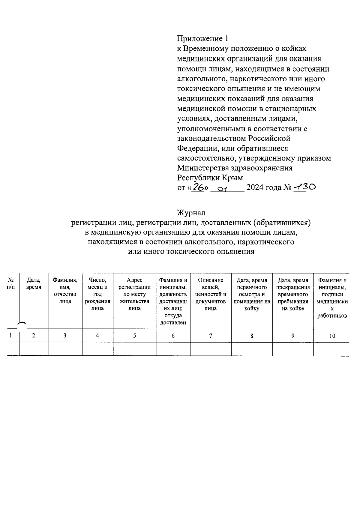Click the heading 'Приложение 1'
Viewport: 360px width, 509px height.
point(203,39)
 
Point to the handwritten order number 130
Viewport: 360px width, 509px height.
point(305,187)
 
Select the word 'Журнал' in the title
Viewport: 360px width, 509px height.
point(191,213)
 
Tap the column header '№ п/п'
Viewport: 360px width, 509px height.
point(11,283)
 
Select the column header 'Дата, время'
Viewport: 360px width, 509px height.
point(34,283)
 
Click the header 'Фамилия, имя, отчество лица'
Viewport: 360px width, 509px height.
point(65,291)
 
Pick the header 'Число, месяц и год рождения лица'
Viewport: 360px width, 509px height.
point(97,294)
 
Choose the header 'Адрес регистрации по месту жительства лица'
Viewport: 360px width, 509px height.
point(134,294)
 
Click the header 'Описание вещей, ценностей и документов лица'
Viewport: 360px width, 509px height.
point(211,294)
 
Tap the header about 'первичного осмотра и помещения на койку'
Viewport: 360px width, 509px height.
point(252,294)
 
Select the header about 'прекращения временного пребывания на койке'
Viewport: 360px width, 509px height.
point(293,294)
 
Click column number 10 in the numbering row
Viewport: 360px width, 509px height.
point(332,336)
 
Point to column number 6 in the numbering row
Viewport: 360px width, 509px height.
point(173,336)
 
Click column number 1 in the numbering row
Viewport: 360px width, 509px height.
point(11,336)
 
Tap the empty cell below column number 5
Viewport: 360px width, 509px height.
point(134,349)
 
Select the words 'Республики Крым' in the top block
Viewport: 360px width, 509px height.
point(210,178)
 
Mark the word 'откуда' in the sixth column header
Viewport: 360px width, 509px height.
point(173,316)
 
